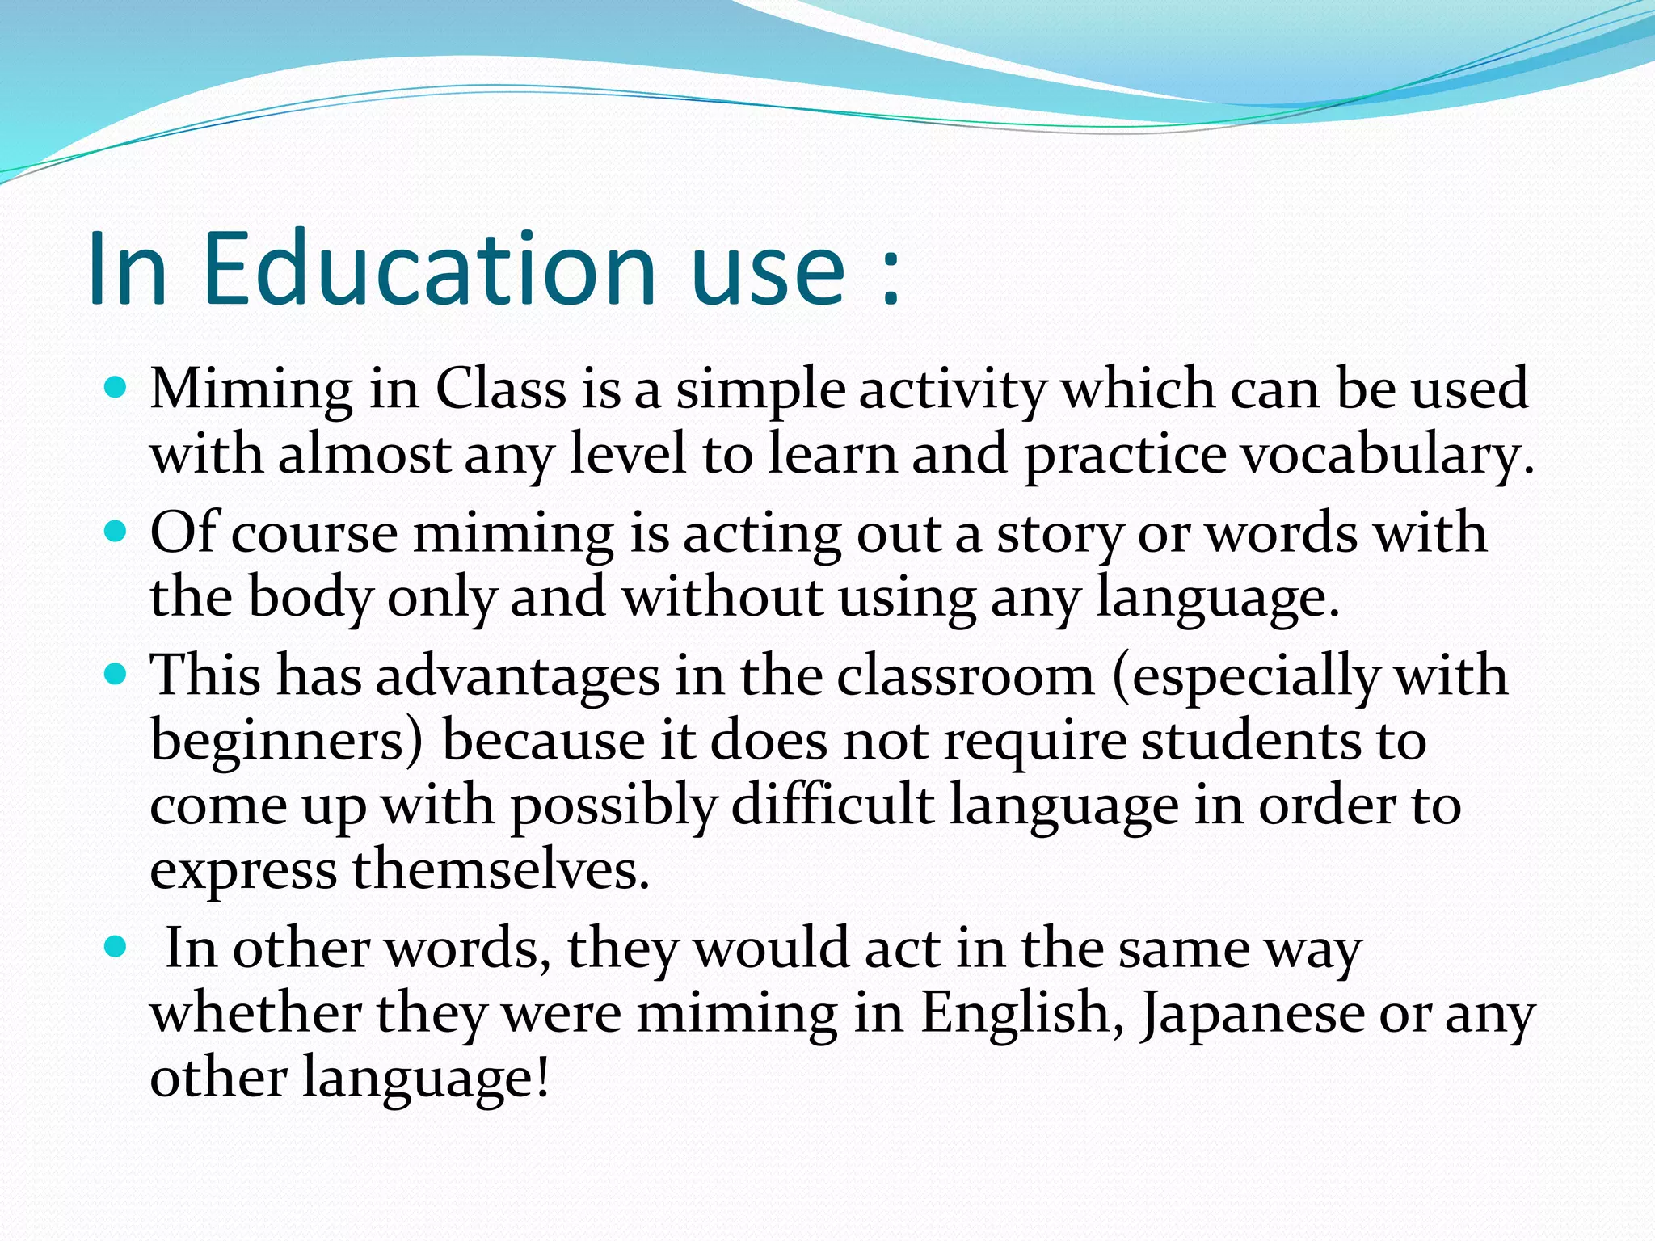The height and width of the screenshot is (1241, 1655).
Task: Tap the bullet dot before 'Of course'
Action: pyautogui.click(x=116, y=532)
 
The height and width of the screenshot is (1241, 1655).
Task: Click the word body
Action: pyautogui.click(x=310, y=599)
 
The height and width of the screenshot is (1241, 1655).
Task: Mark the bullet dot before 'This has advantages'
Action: pyautogui.click(x=116, y=675)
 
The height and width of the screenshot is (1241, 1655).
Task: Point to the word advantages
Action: pyautogui.click(x=518, y=677)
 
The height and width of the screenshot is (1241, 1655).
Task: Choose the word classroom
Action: pyautogui.click(x=965, y=676)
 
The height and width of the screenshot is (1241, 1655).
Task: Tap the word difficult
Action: pyautogui.click(x=832, y=806)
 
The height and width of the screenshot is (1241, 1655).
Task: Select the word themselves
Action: pyautogui.click(x=500, y=870)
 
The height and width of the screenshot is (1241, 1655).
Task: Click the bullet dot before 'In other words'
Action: pyautogui.click(x=116, y=947)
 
